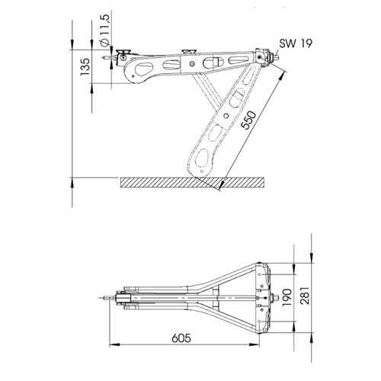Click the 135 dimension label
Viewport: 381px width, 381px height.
coord(85,66)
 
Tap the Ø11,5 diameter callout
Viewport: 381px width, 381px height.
coord(104,30)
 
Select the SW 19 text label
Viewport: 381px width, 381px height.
coord(296,43)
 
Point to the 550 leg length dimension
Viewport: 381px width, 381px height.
coord(248,120)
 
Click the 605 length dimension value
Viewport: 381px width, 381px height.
coord(181,338)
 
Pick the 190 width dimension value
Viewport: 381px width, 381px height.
coord(287,297)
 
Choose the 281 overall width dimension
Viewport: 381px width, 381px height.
coord(305,296)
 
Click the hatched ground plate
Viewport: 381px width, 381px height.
coord(192,183)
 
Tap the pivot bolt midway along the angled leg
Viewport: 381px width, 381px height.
coord(226,116)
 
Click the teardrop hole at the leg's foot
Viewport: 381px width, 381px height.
coord(203,157)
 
